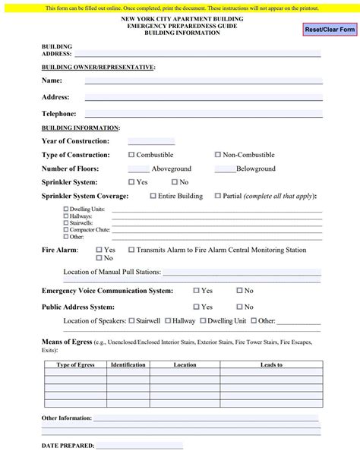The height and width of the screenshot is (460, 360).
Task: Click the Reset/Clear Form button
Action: (x=330, y=29)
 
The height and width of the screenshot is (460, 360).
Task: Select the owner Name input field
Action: (x=203, y=80)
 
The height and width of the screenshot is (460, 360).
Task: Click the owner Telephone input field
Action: (x=203, y=114)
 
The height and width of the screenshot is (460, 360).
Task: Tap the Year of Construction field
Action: (x=151, y=141)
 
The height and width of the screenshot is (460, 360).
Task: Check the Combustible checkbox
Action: (x=131, y=155)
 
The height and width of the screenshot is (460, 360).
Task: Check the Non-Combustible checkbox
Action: (x=218, y=155)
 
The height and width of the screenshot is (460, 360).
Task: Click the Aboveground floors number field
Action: (x=138, y=169)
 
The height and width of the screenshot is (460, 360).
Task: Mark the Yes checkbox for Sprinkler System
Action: (x=131, y=182)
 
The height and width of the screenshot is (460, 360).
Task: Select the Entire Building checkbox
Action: (x=153, y=196)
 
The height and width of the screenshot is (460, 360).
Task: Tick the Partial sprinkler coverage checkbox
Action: (x=218, y=196)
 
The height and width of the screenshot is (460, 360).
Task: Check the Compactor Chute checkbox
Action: (x=66, y=229)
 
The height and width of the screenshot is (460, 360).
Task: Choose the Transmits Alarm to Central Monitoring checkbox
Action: (x=131, y=250)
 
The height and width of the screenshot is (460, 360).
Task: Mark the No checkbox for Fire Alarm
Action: (x=99, y=258)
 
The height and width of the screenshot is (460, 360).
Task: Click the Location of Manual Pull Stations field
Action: (x=242, y=272)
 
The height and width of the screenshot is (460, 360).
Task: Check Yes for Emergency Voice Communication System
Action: (x=197, y=291)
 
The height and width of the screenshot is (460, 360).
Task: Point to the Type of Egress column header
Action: (x=75, y=365)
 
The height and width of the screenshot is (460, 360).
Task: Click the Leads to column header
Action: (x=271, y=365)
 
